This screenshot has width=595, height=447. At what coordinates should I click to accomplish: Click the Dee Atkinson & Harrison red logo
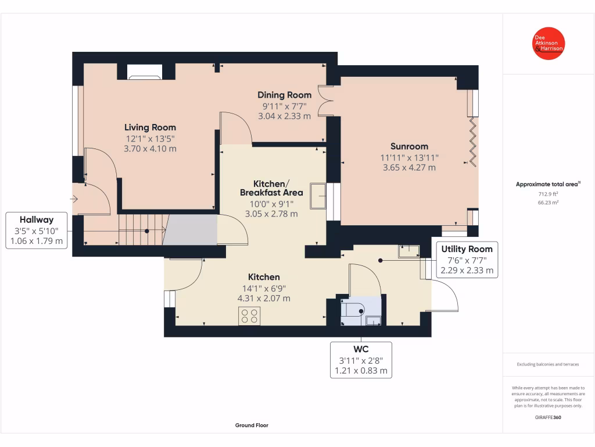tap(549, 44)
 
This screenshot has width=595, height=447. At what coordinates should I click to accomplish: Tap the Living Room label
tap(150, 127)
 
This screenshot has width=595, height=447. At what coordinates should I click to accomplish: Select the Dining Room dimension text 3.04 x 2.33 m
tap(285, 116)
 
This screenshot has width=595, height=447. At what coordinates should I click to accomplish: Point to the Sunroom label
tap(409, 147)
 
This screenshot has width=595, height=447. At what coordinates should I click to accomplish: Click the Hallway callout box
tap(37, 230)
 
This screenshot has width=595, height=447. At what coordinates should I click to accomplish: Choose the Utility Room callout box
tap(467, 260)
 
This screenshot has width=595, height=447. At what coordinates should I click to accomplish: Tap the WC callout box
tap(361, 360)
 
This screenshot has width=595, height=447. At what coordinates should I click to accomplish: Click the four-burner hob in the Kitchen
tap(249, 315)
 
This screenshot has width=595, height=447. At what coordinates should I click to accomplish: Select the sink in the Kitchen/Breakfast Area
tap(318, 196)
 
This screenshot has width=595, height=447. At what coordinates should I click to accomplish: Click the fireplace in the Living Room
tap(145, 72)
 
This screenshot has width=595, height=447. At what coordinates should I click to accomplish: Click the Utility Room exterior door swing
tap(445, 294)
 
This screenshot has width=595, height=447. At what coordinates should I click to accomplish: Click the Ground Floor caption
tap(252, 425)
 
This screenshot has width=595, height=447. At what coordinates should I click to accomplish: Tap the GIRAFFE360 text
tap(548, 417)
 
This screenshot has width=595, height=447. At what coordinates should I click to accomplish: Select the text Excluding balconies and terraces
tap(548, 364)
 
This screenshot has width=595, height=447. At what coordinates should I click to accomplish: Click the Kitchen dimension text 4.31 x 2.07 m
tap(264, 299)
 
